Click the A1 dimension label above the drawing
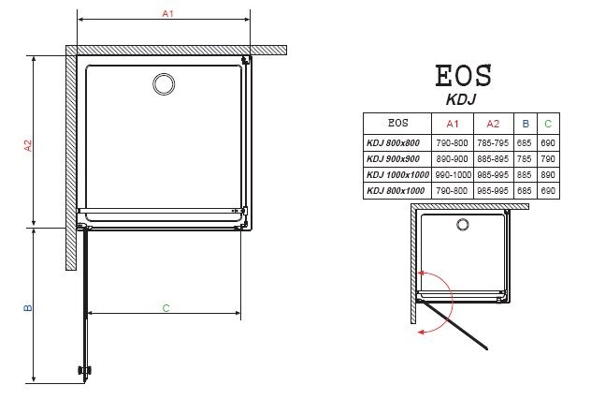click(167, 14)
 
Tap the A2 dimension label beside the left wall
click(28, 145)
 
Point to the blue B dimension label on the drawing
click(28, 308)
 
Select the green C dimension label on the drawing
click(166, 308)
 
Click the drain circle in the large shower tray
click(164, 84)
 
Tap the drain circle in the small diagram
click(463, 225)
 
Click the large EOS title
click(464, 76)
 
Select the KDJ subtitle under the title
click(461, 99)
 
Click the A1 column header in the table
click(453, 124)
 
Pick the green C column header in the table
click(548, 124)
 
